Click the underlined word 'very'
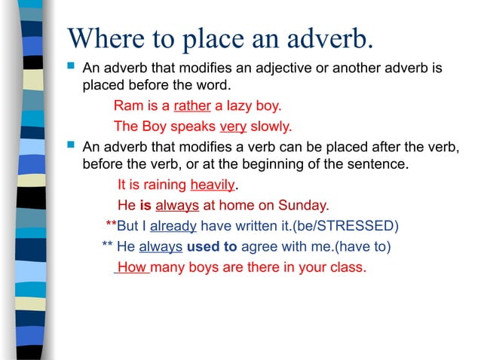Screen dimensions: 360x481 tap(233, 126)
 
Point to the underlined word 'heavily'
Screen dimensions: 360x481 tap(214, 185)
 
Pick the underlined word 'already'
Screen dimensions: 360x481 tap(173, 225)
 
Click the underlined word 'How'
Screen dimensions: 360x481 tap(132, 267)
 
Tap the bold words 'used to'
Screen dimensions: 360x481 tap(212, 246)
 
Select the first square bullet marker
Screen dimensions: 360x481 tap(72, 68)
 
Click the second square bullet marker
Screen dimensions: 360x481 tap(72, 143)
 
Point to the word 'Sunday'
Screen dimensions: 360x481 tap(305, 205)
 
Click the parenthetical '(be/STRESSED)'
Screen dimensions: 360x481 tap(345, 225)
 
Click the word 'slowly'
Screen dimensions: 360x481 tap(270, 126)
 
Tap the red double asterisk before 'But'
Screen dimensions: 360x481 tap(111, 224)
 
